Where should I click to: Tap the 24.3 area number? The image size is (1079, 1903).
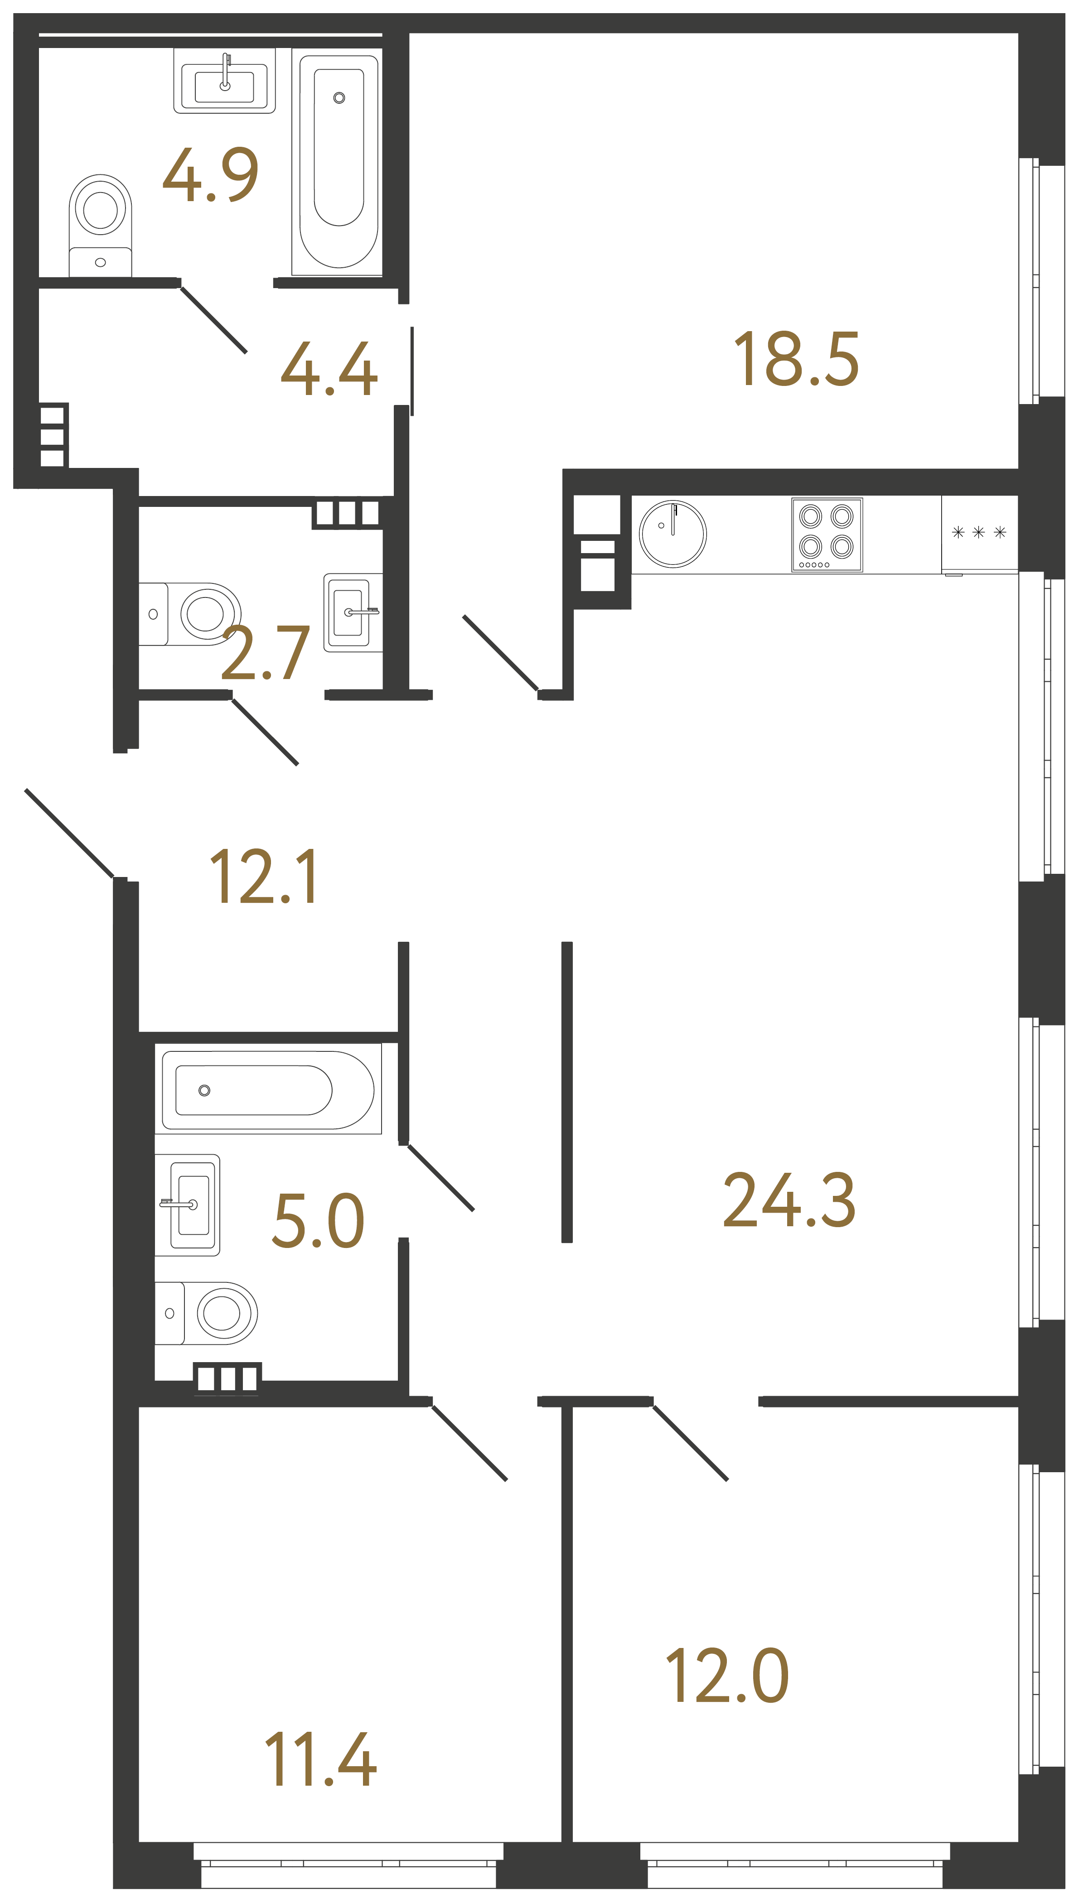pyautogui.click(x=789, y=1201)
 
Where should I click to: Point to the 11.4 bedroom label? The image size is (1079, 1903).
pyautogui.click(x=321, y=1759)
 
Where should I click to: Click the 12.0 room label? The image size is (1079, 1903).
pyautogui.click(x=728, y=1677)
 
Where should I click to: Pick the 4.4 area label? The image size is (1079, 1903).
pyautogui.click(x=329, y=369)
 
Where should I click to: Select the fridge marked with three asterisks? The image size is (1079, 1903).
pyautogui.click(x=979, y=533)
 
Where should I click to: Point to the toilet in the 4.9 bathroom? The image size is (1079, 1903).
pyautogui.click(x=101, y=222)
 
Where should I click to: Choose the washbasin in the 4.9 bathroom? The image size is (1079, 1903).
pyautogui.click(x=224, y=82)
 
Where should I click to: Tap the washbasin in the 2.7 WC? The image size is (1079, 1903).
pyautogui.click(x=352, y=612)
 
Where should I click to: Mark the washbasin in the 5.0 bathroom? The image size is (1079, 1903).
pyautogui.click(x=190, y=1204)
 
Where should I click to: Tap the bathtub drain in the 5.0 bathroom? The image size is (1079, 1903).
pyautogui.click(x=204, y=1090)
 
